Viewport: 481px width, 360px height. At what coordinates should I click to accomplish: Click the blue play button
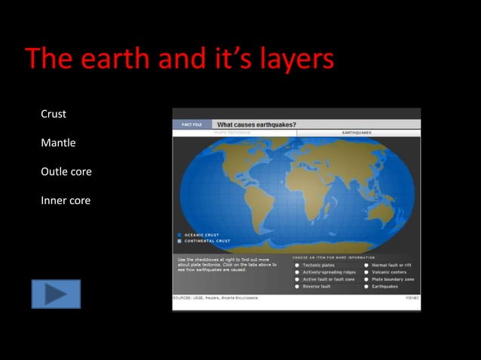click(x=55, y=294)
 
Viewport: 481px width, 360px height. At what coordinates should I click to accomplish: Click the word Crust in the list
click(x=54, y=114)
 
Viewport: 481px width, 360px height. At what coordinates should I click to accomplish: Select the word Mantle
click(x=58, y=142)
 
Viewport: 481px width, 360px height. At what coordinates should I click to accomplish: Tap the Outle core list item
click(x=66, y=172)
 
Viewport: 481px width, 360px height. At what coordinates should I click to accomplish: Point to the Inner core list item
click(x=66, y=200)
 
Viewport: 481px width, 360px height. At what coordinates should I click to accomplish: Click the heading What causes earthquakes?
click(x=256, y=124)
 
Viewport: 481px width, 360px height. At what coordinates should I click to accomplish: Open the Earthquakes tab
click(x=357, y=133)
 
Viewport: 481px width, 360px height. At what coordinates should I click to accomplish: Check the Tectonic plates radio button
click(x=297, y=265)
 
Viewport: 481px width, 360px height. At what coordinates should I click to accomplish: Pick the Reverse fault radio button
click(x=297, y=286)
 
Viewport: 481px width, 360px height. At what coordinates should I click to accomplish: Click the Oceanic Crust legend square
click(x=179, y=235)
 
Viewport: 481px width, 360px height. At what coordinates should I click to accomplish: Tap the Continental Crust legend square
click(x=179, y=241)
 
